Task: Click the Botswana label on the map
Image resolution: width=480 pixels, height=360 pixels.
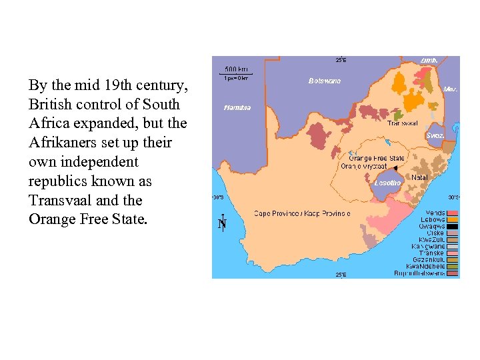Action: [324, 81]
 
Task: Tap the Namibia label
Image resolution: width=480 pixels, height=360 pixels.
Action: [238, 107]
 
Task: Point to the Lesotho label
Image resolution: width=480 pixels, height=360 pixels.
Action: [387, 183]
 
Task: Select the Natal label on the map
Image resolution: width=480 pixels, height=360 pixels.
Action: [419, 177]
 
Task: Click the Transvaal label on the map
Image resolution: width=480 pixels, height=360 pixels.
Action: [403, 123]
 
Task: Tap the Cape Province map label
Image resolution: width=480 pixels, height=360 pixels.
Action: [302, 213]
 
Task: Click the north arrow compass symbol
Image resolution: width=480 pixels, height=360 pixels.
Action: [223, 223]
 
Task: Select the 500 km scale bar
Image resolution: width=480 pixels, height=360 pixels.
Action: [237, 73]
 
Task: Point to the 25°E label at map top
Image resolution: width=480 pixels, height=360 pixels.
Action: [340, 59]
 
